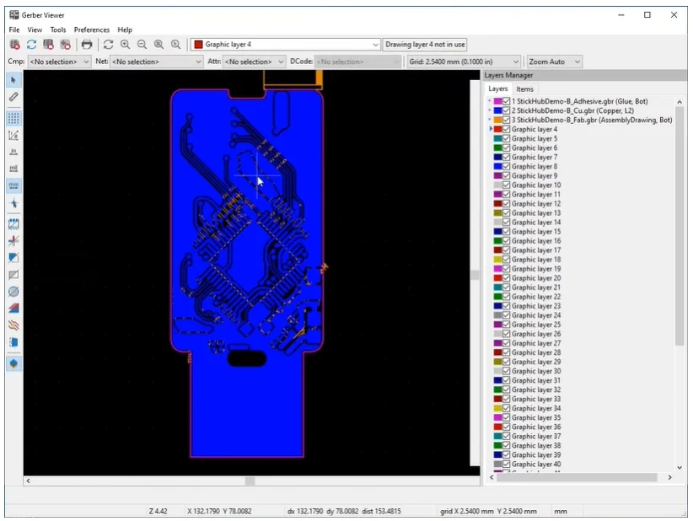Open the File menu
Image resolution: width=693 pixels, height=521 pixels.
(14, 30)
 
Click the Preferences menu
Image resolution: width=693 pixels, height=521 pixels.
(92, 30)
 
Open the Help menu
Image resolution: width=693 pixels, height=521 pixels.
(125, 30)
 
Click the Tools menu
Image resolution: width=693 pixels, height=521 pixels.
(57, 30)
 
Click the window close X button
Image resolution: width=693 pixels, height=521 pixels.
(673, 14)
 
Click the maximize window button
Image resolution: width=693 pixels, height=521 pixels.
(647, 14)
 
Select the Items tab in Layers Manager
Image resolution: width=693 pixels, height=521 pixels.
(524, 89)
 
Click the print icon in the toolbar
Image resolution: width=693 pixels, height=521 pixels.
(86, 45)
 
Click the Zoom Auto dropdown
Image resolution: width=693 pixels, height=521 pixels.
(554, 62)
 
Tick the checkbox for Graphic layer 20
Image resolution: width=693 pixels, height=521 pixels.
(507, 278)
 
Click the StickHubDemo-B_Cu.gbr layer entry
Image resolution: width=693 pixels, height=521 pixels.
(572, 110)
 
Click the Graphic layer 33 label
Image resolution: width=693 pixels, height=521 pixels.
(535, 399)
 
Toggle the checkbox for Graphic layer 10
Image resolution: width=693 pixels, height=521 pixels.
(507, 185)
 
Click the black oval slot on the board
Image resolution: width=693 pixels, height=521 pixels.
(246, 359)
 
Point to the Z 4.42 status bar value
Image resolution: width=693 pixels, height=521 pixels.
(159, 511)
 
